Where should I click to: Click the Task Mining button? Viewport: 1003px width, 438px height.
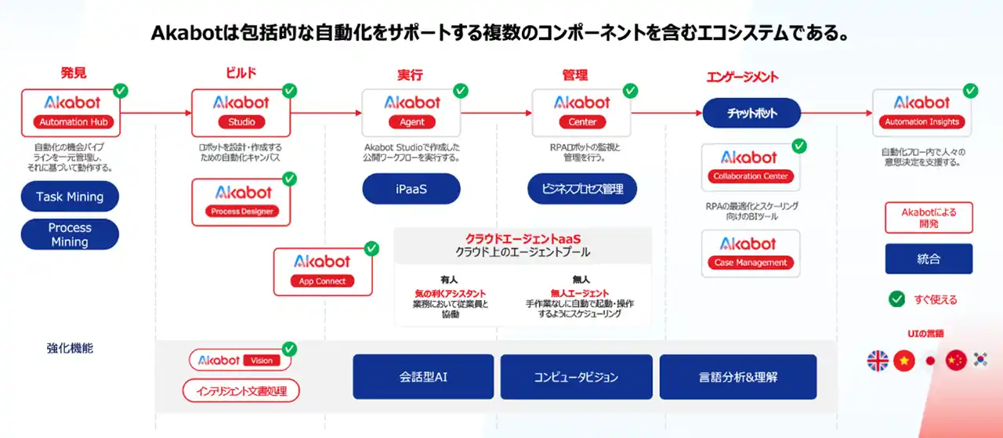(x=70, y=197)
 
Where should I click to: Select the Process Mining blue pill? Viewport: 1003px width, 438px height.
(x=70, y=234)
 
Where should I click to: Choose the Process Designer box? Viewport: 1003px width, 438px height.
(x=241, y=201)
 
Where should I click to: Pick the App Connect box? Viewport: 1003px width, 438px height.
(x=323, y=271)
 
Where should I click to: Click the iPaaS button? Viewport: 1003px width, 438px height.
(x=411, y=189)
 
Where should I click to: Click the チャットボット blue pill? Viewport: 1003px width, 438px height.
(x=751, y=113)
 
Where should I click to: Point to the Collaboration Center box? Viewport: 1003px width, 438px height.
(x=750, y=167)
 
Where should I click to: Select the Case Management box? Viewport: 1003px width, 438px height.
(x=750, y=253)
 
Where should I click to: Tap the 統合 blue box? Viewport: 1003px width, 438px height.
(x=929, y=259)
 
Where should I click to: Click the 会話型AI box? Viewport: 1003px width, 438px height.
(x=423, y=377)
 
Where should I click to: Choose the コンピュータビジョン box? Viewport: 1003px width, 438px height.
(x=576, y=377)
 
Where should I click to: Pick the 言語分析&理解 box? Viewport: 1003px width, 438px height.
(x=738, y=377)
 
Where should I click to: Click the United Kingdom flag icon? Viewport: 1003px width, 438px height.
(x=878, y=360)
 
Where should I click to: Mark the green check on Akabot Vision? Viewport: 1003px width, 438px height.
(x=289, y=349)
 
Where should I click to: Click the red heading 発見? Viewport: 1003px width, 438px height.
(x=73, y=74)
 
